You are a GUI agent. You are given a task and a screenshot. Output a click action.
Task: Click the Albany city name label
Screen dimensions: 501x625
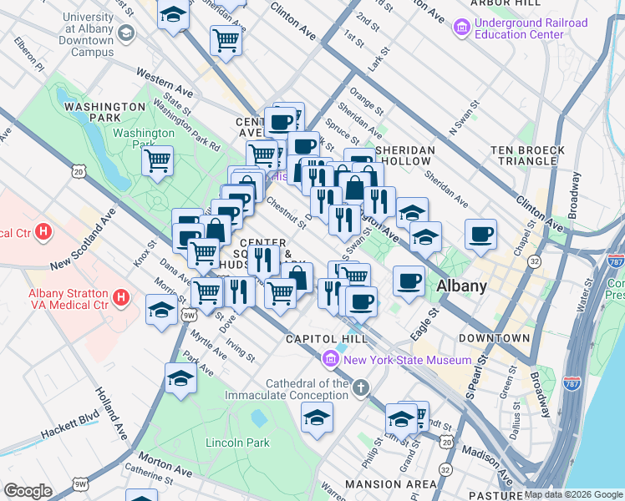[x=461, y=286]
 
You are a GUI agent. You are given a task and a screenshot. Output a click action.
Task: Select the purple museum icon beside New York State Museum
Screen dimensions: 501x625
[x=331, y=360]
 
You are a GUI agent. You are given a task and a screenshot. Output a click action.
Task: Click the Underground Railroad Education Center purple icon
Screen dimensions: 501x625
[x=461, y=29]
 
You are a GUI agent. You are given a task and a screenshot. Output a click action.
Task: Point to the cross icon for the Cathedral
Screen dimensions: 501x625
[x=360, y=387]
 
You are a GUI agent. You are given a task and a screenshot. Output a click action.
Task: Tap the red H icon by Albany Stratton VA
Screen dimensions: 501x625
[x=121, y=296]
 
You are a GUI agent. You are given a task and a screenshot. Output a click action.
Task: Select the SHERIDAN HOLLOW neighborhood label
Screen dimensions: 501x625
[x=405, y=150]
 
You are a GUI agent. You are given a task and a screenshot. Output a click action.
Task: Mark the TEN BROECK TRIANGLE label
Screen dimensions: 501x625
[x=530, y=155]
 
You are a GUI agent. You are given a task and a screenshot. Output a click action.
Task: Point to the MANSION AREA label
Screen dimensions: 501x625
[x=389, y=483]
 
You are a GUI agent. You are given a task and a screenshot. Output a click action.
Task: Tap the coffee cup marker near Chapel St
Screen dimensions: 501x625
[x=480, y=235]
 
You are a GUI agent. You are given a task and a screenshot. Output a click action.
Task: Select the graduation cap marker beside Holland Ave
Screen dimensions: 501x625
[x=180, y=379]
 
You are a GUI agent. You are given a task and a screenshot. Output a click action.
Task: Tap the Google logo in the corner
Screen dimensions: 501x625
[x=28, y=491]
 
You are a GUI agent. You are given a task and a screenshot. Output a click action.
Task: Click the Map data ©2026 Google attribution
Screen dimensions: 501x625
[x=573, y=494]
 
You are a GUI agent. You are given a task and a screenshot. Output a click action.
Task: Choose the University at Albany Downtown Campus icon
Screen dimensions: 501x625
[x=125, y=34]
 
